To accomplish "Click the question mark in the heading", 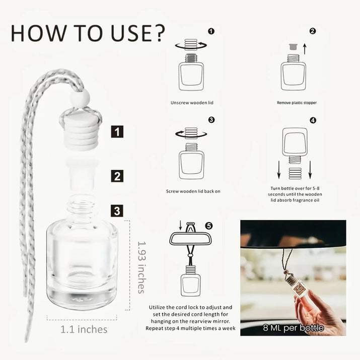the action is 159,33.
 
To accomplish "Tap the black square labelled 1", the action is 117,131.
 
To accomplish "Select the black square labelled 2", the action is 117,176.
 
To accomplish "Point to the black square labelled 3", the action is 117,211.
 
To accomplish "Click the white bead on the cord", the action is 80,98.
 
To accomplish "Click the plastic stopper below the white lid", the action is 82,175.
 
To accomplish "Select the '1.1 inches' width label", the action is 84,329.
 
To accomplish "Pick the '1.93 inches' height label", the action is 141,267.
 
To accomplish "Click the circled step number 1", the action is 211,31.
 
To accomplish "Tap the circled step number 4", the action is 313,120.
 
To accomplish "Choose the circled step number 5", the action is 208,226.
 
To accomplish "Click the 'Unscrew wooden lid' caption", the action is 192,103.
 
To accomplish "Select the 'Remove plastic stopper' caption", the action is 297,103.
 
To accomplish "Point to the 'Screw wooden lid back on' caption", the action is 193,191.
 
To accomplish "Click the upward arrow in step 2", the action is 305,49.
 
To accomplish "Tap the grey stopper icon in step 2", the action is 293,47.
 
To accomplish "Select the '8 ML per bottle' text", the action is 294,328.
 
